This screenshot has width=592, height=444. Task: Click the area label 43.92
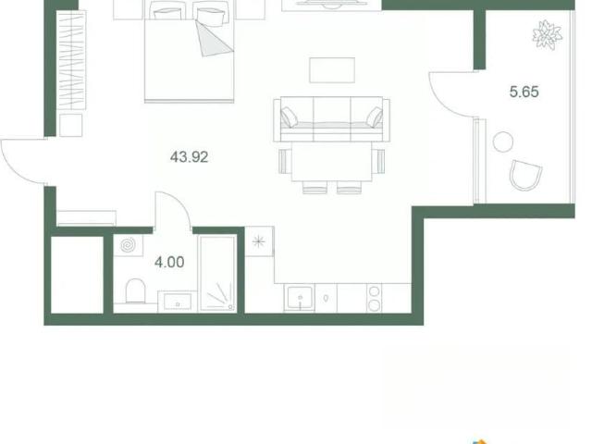point(189,156)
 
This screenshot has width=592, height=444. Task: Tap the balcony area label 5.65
point(524,92)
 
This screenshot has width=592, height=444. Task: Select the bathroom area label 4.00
point(169,262)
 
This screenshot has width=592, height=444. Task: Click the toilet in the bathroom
point(135,290)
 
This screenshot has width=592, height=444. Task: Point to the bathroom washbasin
point(177,302)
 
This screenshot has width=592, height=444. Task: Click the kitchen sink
point(300,298)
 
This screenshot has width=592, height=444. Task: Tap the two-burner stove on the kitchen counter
point(374,298)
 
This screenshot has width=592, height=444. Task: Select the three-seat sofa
point(331,119)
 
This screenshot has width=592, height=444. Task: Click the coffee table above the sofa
point(332,70)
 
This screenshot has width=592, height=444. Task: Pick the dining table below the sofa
point(331,162)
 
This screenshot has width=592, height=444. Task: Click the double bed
point(189,52)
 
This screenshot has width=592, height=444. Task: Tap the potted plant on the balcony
point(547,35)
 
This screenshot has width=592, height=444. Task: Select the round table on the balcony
point(503,142)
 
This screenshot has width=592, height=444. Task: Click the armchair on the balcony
point(525,175)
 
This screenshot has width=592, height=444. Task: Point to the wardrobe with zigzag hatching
point(71,60)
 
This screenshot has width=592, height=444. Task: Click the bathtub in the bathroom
point(217,273)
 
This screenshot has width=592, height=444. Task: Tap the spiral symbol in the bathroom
point(128,245)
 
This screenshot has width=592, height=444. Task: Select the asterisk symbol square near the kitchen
point(259,241)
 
